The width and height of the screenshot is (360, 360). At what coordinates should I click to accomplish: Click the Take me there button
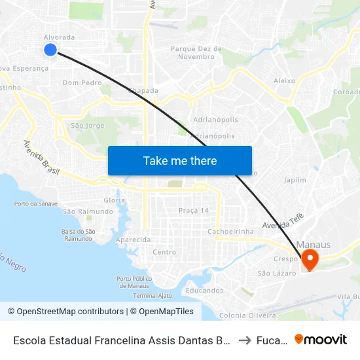pos(180,161)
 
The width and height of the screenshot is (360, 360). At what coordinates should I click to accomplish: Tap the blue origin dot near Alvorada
pos(50,50)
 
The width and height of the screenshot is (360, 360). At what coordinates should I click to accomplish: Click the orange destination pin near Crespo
pos(308,259)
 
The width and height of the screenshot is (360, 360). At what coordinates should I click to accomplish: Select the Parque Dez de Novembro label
pos(196,52)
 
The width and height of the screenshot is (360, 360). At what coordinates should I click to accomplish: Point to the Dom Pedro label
pos(82,83)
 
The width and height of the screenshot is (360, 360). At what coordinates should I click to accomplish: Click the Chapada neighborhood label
pos(143,91)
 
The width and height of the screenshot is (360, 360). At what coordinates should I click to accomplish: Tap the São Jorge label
pos(87,125)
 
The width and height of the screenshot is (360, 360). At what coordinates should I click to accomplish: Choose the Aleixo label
pos(284,81)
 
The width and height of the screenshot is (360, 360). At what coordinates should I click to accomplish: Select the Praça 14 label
pos(194,210)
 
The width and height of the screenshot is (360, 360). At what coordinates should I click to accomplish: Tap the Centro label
pos(164,252)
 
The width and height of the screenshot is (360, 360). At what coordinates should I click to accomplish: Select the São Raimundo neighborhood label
pos(82,211)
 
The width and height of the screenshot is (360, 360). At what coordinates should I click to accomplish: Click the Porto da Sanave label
pos(36,204)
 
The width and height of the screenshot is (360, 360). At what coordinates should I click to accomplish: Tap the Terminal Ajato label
pos(152,295)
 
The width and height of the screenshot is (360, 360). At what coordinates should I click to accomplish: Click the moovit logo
pos(321,340)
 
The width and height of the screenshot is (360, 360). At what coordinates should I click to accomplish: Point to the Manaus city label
pos(317,245)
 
